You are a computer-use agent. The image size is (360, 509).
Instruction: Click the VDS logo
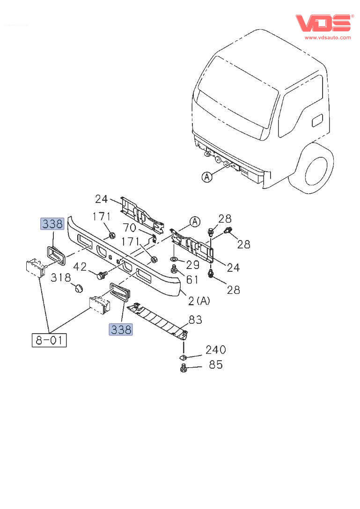323,23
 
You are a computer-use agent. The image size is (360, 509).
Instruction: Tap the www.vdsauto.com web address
327,37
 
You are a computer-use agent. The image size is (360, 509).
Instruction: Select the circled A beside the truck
206,177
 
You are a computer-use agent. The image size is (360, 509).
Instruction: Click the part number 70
129,228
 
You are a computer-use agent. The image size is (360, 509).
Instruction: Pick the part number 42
80,267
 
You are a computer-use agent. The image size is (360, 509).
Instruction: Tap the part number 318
60,277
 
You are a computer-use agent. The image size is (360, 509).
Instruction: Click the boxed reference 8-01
49,339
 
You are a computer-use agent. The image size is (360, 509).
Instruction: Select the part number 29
192,265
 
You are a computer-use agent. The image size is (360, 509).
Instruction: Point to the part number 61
192,280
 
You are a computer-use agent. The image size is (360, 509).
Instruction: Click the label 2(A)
199,301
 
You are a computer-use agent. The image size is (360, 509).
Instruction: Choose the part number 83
195,320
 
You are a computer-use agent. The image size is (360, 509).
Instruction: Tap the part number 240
216,350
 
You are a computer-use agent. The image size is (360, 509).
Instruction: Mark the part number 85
216,364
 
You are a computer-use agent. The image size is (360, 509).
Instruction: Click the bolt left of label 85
184,369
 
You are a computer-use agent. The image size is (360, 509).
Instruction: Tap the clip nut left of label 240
184,357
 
